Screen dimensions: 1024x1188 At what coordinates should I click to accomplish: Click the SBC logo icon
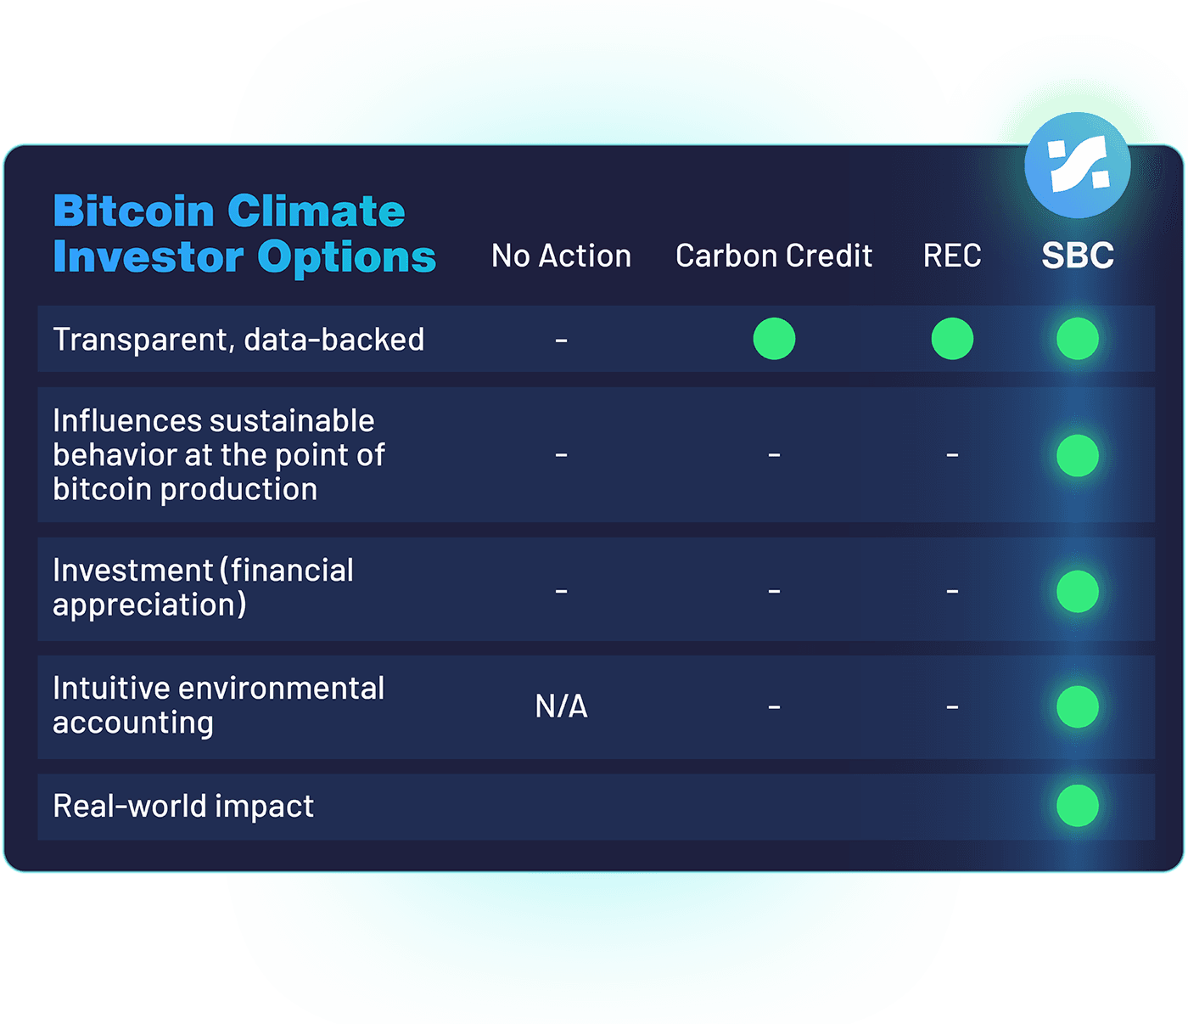(1077, 165)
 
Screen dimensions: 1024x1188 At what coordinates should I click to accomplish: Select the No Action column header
(561, 256)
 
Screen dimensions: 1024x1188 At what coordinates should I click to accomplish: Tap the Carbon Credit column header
(773, 256)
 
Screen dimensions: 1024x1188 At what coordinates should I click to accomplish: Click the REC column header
(952, 256)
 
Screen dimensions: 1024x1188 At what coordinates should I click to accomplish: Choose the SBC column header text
(1078, 256)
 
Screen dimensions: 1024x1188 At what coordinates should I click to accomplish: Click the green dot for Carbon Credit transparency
(774, 339)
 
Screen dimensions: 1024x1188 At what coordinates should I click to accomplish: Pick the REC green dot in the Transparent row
(952, 339)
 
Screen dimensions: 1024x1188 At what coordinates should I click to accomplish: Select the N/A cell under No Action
(561, 706)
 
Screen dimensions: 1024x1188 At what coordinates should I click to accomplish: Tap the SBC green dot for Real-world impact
(1078, 806)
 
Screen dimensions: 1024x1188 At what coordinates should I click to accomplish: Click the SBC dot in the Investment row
(1078, 591)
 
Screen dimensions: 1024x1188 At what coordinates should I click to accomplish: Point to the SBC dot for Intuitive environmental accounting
(1078, 706)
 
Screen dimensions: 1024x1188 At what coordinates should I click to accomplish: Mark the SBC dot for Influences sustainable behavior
(1078, 455)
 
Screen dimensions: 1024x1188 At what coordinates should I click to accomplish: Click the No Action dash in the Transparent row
(561, 340)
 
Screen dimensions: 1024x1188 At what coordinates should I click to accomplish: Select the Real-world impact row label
(183, 806)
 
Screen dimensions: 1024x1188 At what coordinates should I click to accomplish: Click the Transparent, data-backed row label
(238, 340)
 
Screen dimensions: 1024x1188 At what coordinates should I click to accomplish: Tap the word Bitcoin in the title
(134, 211)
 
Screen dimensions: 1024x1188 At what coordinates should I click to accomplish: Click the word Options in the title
(346, 256)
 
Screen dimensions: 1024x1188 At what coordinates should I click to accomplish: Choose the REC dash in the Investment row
(952, 591)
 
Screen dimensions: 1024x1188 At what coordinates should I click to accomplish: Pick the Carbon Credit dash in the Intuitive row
(774, 706)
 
